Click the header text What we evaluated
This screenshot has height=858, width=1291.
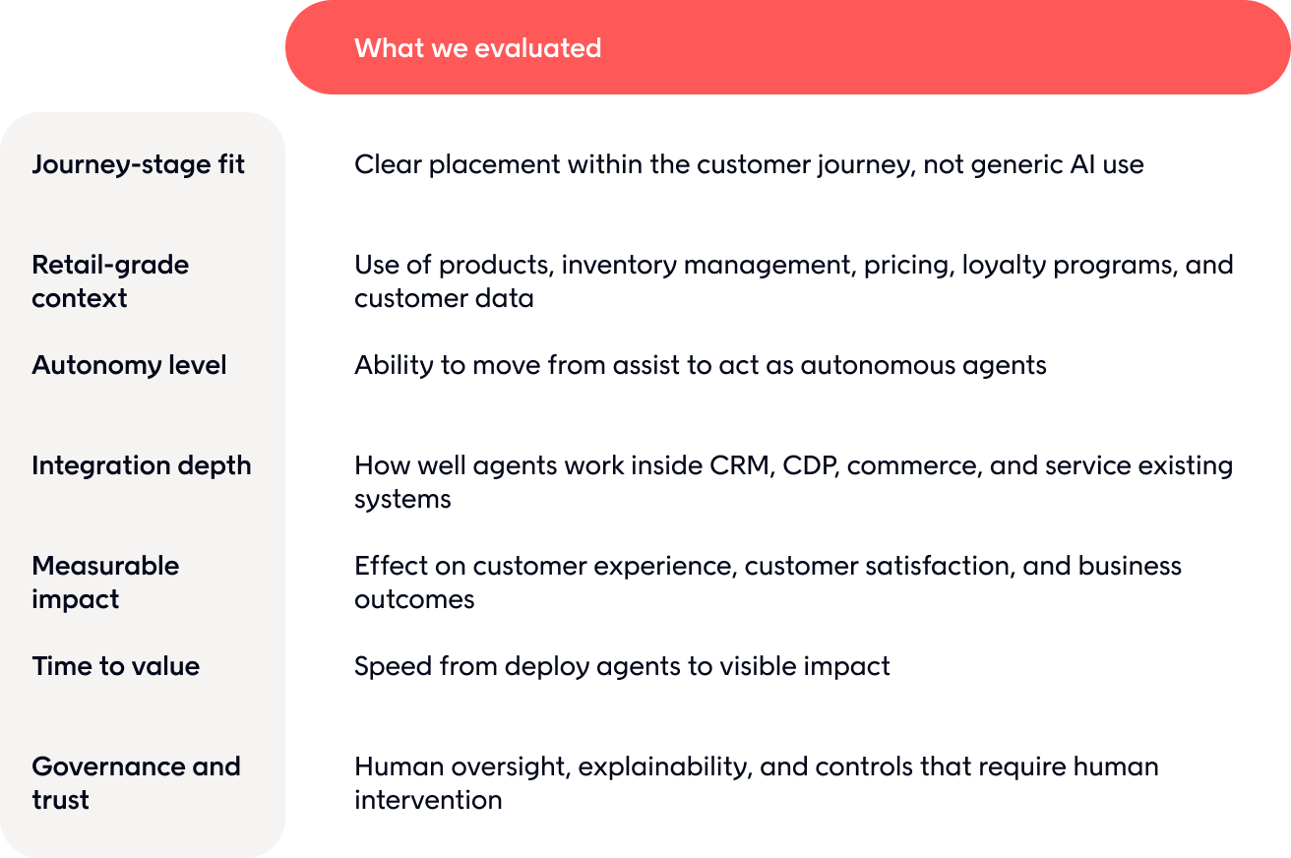[x=478, y=48]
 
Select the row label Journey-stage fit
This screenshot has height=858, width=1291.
[x=139, y=164]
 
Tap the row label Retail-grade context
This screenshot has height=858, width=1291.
[x=110, y=281]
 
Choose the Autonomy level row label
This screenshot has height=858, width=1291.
[x=129, y=365]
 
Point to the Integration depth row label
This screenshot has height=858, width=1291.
[x=142, y=465]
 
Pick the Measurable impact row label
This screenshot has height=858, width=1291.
[x=105, y=582]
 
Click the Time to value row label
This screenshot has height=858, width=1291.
[x=116, y=666]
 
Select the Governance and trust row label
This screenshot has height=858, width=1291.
[x=136, y=783]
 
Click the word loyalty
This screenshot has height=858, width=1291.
[x=1004, y=266]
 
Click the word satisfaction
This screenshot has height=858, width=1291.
[x=879, y=567]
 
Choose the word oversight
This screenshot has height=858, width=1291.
[x=508, y=767]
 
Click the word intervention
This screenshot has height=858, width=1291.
[x=428, y=800]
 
